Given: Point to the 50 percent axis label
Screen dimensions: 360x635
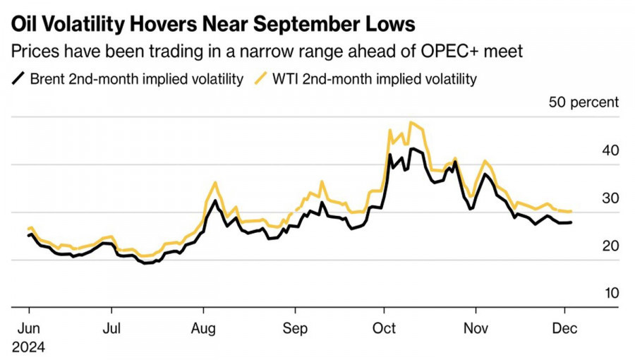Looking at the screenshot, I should coord(583,102).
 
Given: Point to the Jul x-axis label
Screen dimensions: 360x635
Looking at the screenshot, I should coord(110,328).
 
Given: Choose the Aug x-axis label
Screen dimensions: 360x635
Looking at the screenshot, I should coord(203,328).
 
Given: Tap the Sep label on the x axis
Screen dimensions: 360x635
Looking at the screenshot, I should coord(295,328).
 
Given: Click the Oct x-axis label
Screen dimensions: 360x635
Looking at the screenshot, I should coord(384,328).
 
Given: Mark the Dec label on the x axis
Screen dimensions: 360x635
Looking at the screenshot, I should coord(564,328).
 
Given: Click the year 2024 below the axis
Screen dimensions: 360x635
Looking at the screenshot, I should coord(28,347).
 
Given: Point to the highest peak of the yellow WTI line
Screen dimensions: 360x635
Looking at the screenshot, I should coord(411,122).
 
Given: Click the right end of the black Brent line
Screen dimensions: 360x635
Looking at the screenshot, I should coord(571,222).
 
